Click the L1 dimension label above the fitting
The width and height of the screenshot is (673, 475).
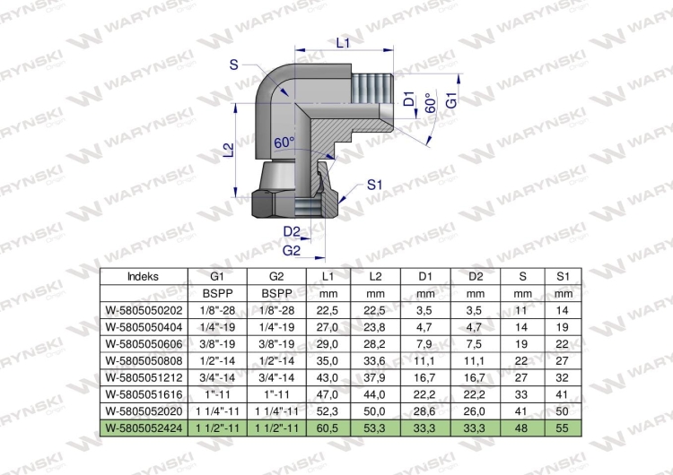tap(343, 42)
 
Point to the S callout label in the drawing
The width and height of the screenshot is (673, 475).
tap(234, 65)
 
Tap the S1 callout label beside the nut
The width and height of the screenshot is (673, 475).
tap(374, 185)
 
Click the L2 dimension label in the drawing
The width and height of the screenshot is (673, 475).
tap(230, 150)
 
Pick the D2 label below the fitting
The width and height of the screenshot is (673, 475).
tap(292, 231)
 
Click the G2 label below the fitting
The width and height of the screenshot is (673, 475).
tap(292, 250)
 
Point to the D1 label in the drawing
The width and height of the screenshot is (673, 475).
tap(410, 99)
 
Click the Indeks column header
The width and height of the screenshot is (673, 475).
tap(143, 277)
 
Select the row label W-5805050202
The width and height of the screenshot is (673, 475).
tap(144, 310)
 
